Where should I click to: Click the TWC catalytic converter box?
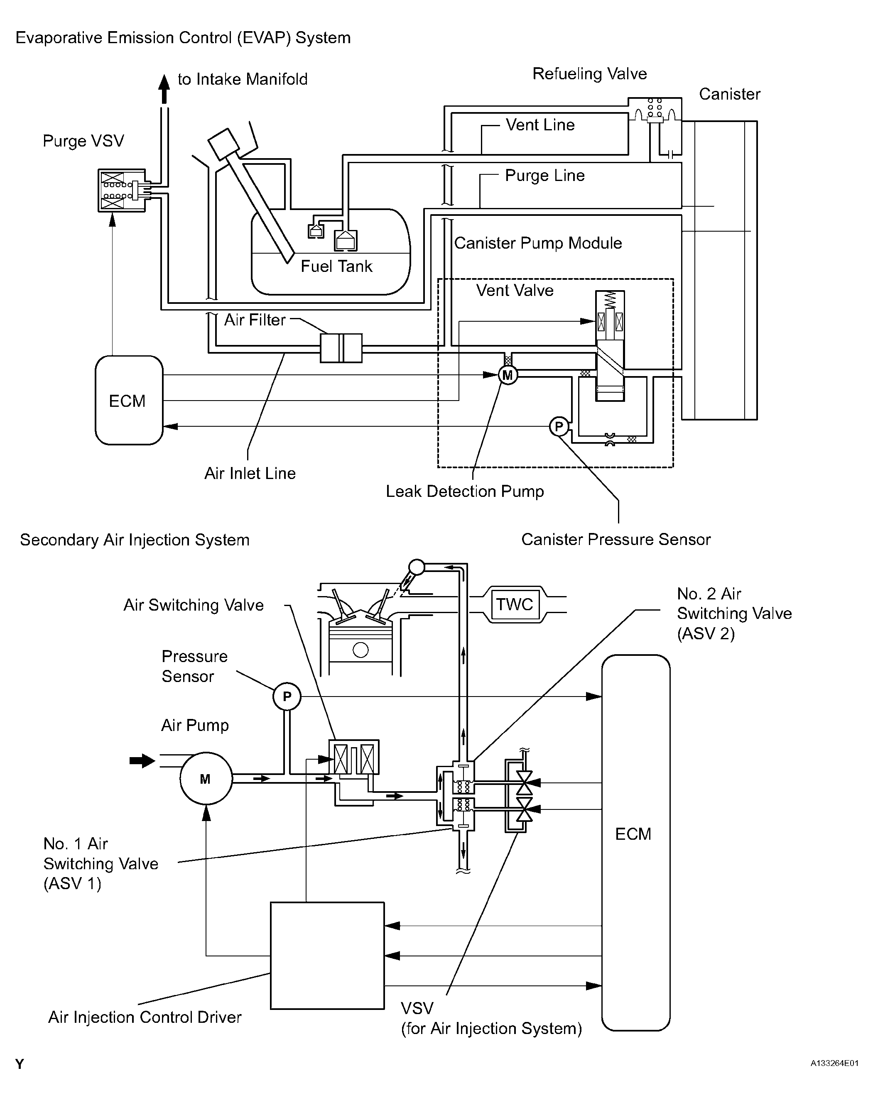(514, 604)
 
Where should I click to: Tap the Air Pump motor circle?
(206, 779)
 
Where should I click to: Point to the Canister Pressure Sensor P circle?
(559, 426)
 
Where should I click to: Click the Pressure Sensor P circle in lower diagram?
(287, 697)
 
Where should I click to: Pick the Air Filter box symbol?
(341, 348)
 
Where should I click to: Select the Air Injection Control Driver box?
(327, 955)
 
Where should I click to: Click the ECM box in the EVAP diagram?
(129, 401)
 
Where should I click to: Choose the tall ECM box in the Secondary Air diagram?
(635, 842)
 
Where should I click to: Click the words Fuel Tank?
(336, 266)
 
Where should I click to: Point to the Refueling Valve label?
(589, 74)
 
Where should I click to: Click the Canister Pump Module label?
(537, 243)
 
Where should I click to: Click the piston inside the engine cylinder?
(360, 644)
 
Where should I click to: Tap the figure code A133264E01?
(834, 1063)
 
